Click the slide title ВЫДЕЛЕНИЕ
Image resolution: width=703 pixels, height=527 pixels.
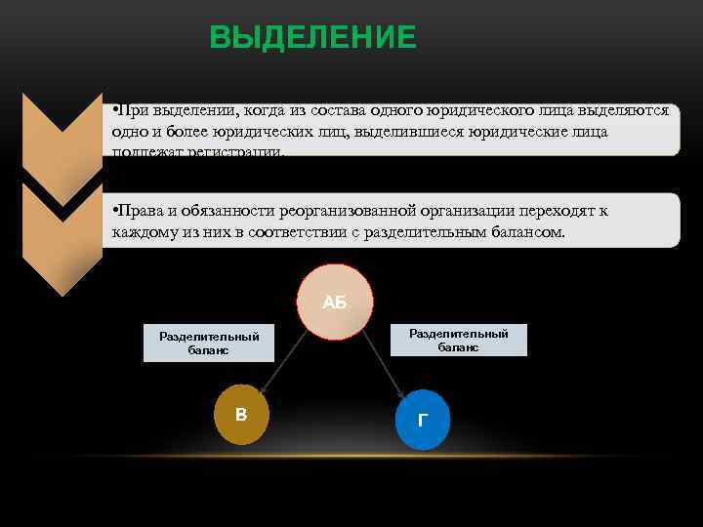pyautogui.click(x=312, y=37)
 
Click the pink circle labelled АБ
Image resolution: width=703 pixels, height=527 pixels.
pyautogui.click(x=335, y=303)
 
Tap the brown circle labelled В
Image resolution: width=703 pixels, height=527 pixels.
pyautogui.click(x=241, y=415)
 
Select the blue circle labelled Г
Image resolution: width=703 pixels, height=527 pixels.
pyautogui.click(x=422, y=420)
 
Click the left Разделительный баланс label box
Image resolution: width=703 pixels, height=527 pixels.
pyautogui.click(x=209, y=344)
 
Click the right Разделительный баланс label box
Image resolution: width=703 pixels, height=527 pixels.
pyautogui.click(x=459, y=340)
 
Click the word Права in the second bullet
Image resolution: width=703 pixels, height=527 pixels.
pyautogui.click(x=139, y=211)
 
